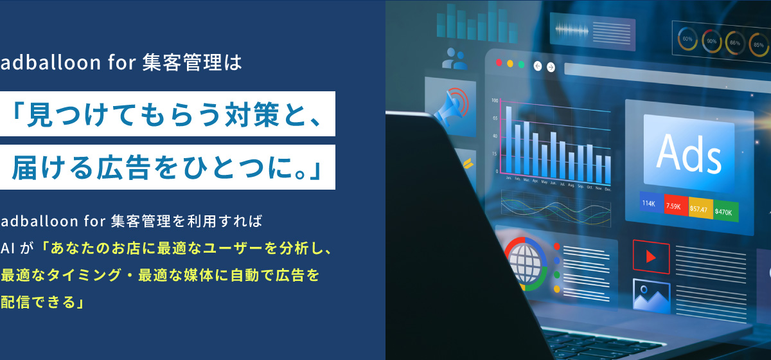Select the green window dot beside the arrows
click(521, 64)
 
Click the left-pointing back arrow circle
click(538, 65)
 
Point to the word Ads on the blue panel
click(689, 152)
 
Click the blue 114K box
click(648, 204)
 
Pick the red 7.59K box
click(673, 206)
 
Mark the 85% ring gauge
click(759, 44)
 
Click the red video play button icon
click(651, 256)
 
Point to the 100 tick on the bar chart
click(495, 101)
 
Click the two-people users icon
click(454, 59)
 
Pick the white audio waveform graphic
click(572, 30)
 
